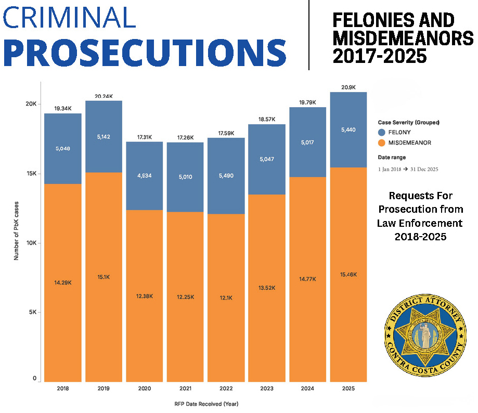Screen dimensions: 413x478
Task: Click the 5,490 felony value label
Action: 226,176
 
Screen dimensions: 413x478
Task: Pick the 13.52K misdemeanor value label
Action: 266,288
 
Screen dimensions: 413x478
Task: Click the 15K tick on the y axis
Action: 31,174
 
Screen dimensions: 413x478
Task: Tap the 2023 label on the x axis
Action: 266,388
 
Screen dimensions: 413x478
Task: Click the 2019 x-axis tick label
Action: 104,388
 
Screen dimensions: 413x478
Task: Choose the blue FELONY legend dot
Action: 382,133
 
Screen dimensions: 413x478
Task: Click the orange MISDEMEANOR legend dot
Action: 382,143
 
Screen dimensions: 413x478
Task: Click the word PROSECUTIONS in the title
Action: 145,50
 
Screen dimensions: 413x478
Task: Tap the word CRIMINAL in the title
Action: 70,17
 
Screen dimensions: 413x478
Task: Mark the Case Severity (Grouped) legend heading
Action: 409,122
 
